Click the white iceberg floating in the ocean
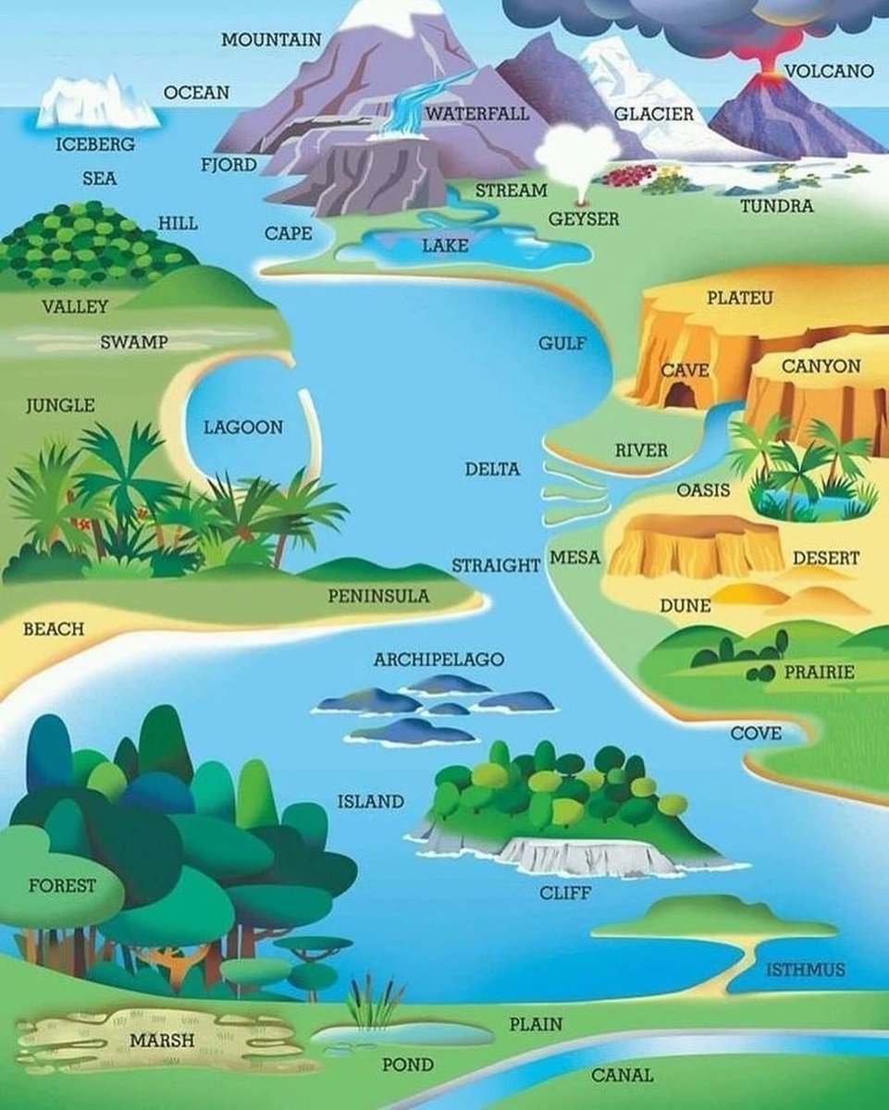pyautogui.click(x=97, y=104)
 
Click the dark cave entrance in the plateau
pyautogui.click(x=682, y=396)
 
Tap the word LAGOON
pyautogui.click(x=243, y=427)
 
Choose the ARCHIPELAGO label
pyautogui.click(x=438, y=660)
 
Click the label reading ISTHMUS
pyautogui.click(x=805, y=969)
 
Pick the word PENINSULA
pyautogui.click(x=378, y=596)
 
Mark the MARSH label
pyautogui.click(x=162, y=1040)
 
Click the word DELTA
pyautogui.click(x=492, y=469)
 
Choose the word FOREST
pyautogui.click(x=62, y=885)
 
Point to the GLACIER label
pyautogui.click(x=653, y=114)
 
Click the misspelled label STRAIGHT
pyautogui.click(x=496, y=564)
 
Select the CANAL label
pyautogui.click(x=622, y=1075)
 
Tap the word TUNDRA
pyautogui.click(x=776, y=205)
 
